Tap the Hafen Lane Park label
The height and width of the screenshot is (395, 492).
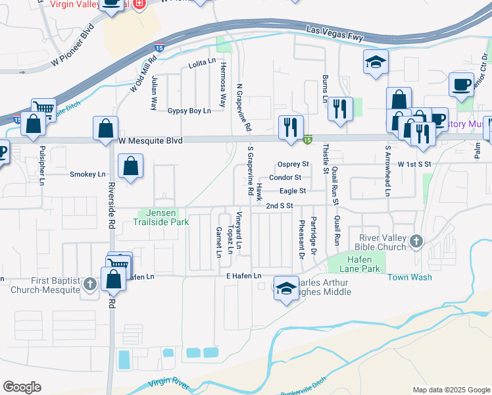tap(363, 264)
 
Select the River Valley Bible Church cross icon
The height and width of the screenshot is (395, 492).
tap(416, 242)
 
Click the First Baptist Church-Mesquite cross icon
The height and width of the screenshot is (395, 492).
tap(90, 284)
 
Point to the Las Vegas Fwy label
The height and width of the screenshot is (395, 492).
tap(335, 33)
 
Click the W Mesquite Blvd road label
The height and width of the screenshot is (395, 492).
tap(151, 140)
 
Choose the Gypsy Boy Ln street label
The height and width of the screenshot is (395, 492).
tap(189, 111)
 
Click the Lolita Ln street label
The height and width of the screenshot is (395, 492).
tap(202, 61)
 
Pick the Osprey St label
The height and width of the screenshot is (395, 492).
tap(293, 164)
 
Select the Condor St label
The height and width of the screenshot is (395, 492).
tap(285, 177)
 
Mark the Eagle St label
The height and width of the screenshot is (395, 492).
tap(293, 191)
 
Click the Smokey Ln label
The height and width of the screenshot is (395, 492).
tap(87, 174)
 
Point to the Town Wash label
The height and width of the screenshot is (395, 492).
tap(409, 277)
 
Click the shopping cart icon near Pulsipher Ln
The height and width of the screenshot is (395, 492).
tap(43, 108)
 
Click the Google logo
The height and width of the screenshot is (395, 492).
tap(22, 387)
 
